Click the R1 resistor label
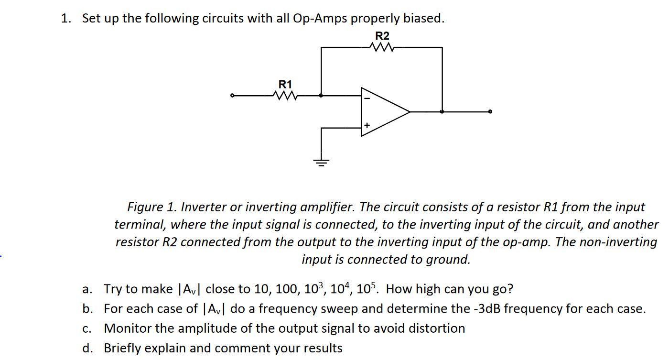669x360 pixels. click(x=285, y=84)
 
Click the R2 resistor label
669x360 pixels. click(x=382, y=36)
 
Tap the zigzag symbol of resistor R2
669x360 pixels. click(x=382, y=47)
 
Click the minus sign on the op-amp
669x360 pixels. click(x=367, y=98)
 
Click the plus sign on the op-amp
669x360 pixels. click(x=367, y=125)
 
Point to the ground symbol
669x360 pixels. click(x=321, y=162)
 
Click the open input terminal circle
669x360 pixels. click(x=232, y=96)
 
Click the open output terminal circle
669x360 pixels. click(x=490, y=112)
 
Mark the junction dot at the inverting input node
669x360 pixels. click(x=321, y=96)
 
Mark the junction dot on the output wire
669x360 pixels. click(x=442, y=112)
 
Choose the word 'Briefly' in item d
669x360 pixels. click(x=121, y=348)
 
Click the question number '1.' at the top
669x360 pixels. click(x=66, y=19)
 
